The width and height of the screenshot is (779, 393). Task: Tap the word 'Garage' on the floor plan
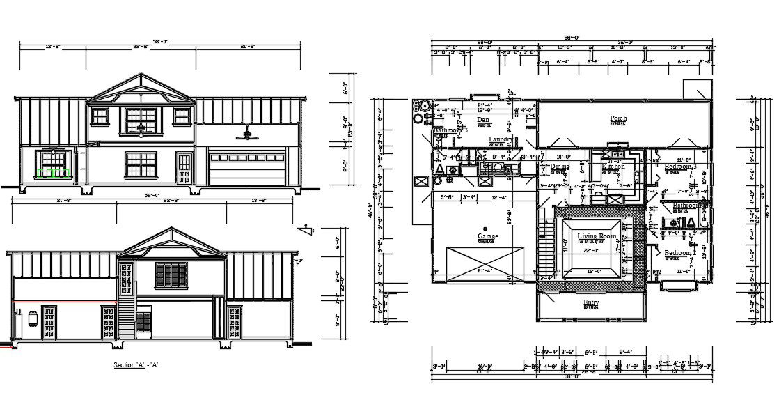488,237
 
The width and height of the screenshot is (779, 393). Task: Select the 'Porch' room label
617,118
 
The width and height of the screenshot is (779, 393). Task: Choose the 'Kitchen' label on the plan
613,167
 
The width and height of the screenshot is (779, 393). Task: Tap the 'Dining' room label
560,167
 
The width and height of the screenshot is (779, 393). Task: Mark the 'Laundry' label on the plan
501,139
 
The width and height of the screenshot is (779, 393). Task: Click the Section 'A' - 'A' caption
136,365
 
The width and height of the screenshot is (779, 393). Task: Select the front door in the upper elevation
184,169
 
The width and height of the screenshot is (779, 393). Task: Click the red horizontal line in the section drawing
63,301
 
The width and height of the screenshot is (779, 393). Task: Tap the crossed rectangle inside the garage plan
484,264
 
